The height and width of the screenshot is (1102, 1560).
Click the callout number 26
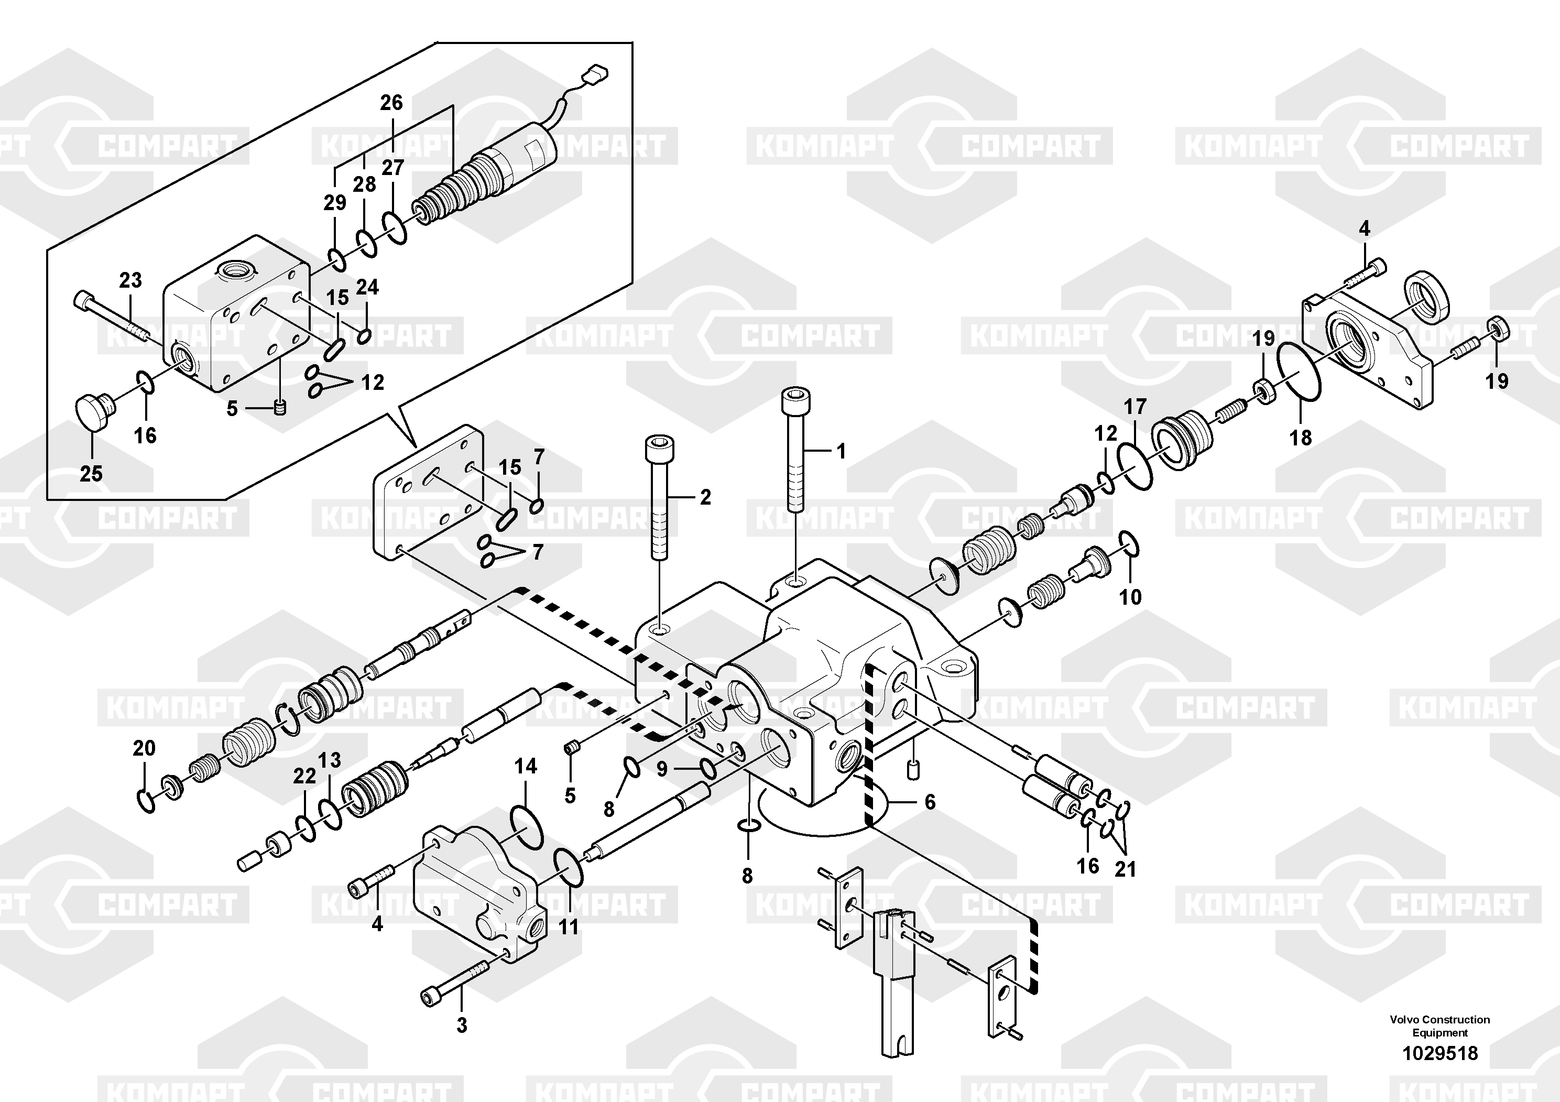tap(391, 103)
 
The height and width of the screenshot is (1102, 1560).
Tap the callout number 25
tap(91, 474)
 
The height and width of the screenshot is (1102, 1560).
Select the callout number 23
tap(130, 280)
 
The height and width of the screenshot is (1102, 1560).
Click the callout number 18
tap(1301, 438)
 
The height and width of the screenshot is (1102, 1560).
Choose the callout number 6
tap(930, 802)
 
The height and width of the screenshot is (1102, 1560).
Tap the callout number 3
tap(462, 1025)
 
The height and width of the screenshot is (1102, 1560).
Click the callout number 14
tap(525, 767)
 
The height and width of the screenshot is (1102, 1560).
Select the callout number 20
tap(144, 748)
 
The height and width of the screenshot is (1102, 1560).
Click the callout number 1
tap(841, 451)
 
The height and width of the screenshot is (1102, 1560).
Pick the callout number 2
tap(705, 497)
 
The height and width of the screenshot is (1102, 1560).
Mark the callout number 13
tap(330, 760)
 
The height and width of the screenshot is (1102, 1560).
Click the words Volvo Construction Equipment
tap(1440, 1026)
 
